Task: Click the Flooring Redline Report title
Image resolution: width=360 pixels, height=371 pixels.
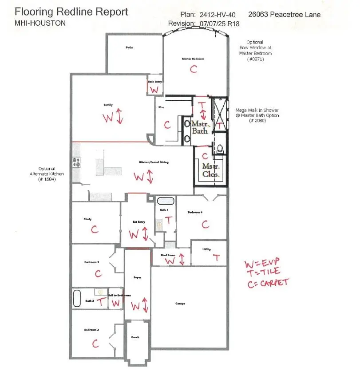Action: pyautogui.click(x=72, y=12)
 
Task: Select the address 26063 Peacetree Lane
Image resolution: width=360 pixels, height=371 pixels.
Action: pyautogui.click(x=284, y=15)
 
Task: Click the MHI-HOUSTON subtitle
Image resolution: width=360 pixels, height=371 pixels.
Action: pyautogui.click(x=40, y=23)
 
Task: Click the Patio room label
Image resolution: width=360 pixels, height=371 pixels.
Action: pyautogui.click(x=129, y=47)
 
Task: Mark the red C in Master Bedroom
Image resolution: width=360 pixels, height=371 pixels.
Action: pyautogui.click(x=193, y=69)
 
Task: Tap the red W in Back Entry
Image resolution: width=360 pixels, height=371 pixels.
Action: pyautogui.click(x=154, y=90)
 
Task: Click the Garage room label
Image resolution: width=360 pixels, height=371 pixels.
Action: pyautogui.click(x=180, y=304)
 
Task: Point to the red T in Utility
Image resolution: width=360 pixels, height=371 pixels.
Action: pyautogui.click(x=217, y=257)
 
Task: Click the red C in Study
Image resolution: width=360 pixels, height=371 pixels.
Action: pyautogui.click(x=94, y=229)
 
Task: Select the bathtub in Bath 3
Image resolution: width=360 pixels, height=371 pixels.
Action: pyautogui.click(x=166, y=201)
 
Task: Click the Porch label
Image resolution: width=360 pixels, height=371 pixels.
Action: pyautogui.click(x=135, y=337)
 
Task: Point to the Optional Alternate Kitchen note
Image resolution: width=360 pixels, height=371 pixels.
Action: pyautogui.click(x=47, y=171)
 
